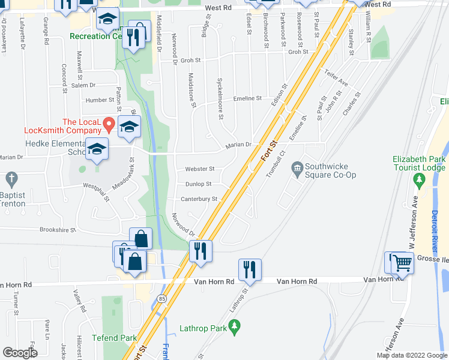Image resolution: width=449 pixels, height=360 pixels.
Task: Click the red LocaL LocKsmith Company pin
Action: pyautogui.click(x=109, y=125)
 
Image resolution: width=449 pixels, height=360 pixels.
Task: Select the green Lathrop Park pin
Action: pyautogui.click(x=235, y=328)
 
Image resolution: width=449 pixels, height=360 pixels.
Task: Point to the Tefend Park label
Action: pyautogui.click(x=114, y=338)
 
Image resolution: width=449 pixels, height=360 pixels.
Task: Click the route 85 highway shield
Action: pyautogui.click(x=161, y=298)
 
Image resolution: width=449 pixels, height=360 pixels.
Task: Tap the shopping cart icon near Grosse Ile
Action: pyautogui.click(x=402, y=264)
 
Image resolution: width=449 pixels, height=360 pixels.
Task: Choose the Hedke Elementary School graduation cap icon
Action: pyautogui.click(x=96, y=149)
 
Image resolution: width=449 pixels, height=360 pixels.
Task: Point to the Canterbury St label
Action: pyautogui.click(x=198, y=199)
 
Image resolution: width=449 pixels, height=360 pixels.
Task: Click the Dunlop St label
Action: pyautogui.click(x=198, y=184)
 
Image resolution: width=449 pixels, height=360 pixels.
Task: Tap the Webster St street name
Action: pyautogui.click(x=199, y=169)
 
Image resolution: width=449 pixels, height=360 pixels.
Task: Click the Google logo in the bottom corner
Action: pyautogui.click(x=20, y=353)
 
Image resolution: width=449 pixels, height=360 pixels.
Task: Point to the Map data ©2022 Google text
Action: pyautogui.click(x=411, y=355)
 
